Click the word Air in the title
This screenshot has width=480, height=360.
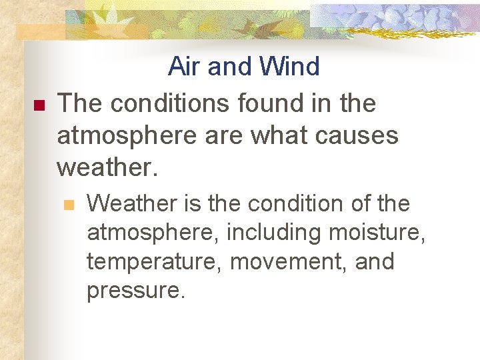[x=185, y=67]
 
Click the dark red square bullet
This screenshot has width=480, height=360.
[x=37, y=105]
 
